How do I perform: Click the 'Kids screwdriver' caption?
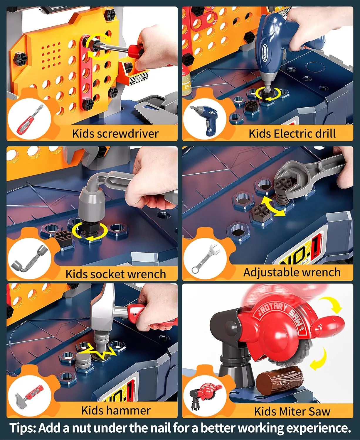[115, 133]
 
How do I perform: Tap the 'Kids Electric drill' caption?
[292, 133]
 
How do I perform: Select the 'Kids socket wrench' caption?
[116, 274]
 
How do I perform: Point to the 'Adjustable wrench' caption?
[292, 272]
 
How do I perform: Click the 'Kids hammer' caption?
[116, 410]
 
